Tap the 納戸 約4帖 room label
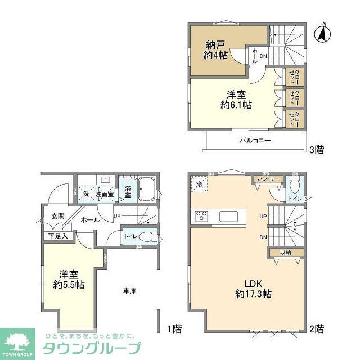[x=215, y=49]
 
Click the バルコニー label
[x=255, y=140]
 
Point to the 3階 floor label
[x=316, y=150]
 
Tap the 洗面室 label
[x=104, y=194]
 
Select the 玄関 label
[x=58, y=215]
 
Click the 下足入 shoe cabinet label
[x=58, y=235]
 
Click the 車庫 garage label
[x=129, y=291]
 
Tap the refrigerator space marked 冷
[x=199, y=183]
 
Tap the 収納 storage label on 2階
[x=285, y=253]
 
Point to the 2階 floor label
[x=316, y=328]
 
